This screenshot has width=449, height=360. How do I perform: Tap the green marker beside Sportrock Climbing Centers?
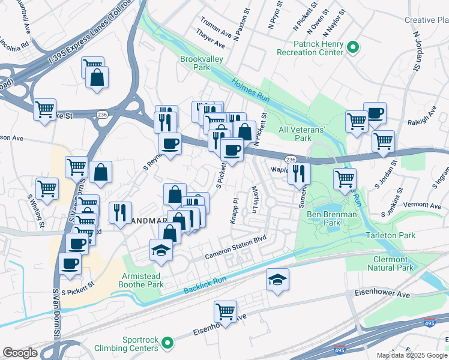(x=167, y=343)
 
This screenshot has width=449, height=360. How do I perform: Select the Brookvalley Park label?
(x=195, y=63)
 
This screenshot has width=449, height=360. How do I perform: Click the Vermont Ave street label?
(x=406, y=205)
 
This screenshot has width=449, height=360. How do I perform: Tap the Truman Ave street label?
(x=216, y=26)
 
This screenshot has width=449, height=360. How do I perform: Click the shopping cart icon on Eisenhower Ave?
(x=225, y=311)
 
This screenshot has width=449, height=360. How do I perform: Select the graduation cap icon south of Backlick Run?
(x=277, y=279)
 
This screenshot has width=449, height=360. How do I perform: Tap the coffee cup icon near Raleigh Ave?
(x=375, y=113)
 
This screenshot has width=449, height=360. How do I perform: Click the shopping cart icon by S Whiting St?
(x=47, y=188)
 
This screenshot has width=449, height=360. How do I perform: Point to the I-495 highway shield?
(x=339, y=350)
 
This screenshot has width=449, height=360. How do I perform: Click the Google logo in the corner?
(x=20, y=353)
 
